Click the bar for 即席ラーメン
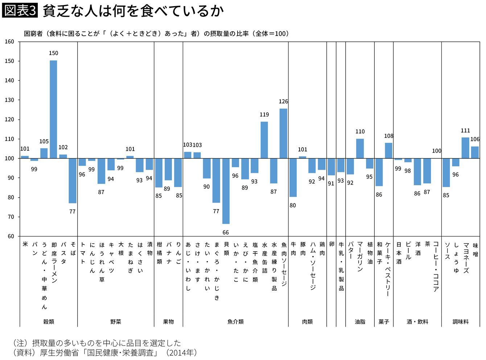coord(53,109)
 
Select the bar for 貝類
coord(226,191)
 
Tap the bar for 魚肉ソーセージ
coord(283,133)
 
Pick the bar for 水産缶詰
coord(264,140)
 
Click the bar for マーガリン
coord(360,149)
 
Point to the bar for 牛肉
coord(293,178)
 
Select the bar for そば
coord(73,181)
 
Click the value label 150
coord(53,53)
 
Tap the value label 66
coord(226,232)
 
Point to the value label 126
coord(283,102)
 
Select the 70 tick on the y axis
coord(11,217)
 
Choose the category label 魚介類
coord(235,322)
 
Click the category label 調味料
coord(461,322)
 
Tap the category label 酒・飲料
coord(417,322)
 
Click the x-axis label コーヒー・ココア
coord(436,266)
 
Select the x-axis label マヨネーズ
coord(466,258)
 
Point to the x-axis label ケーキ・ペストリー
coord(388,269)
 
